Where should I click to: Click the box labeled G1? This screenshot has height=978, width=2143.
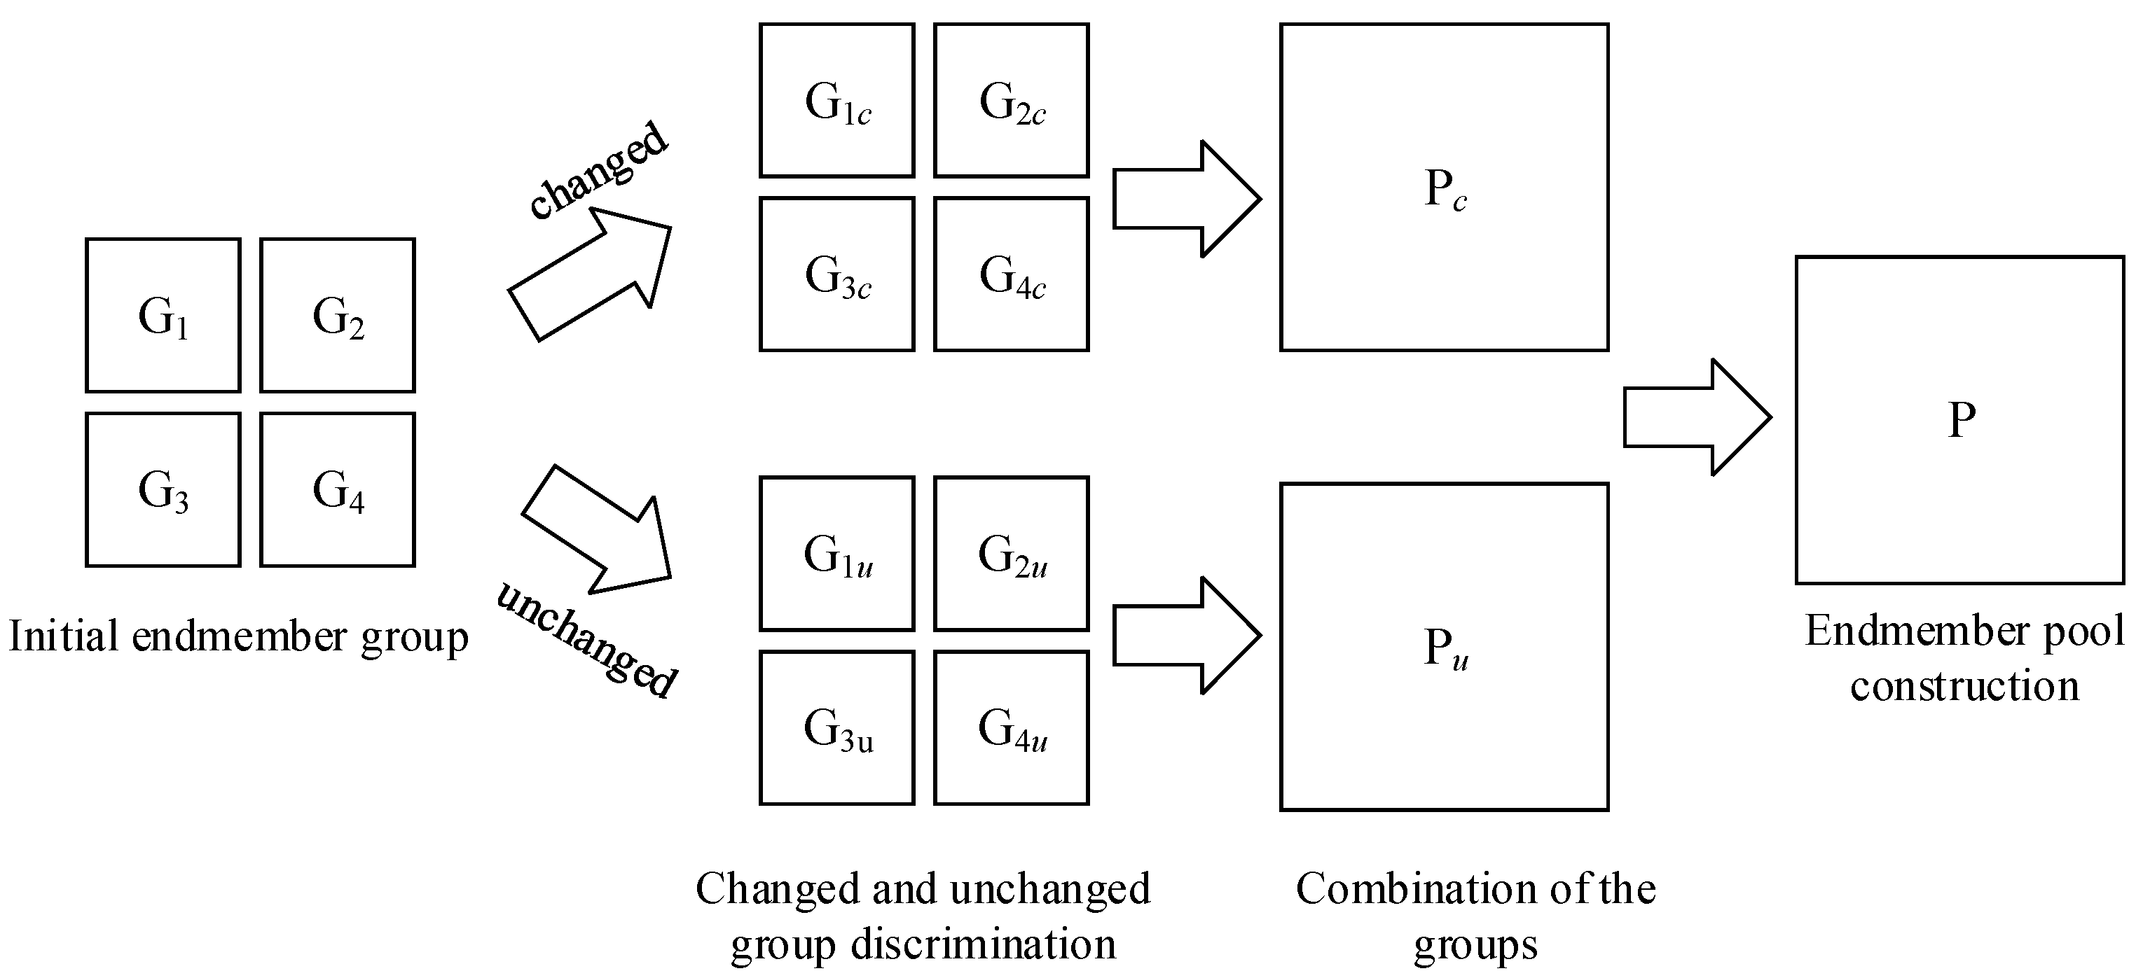(163, 316)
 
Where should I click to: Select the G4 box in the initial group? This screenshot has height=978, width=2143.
(338, 491)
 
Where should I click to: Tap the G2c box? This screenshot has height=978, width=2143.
(1012, 102)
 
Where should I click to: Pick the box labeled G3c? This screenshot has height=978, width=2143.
(837, 274)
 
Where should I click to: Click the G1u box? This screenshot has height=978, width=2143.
(837, 554)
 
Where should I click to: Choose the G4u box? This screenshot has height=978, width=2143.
(1012, 729)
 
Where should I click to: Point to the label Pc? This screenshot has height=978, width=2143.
(1445, 190)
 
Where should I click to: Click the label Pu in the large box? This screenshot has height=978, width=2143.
(1445, 648)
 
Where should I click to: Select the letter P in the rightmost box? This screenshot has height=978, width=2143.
(1961, 420)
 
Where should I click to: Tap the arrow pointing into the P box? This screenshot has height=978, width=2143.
(1696, 417)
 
